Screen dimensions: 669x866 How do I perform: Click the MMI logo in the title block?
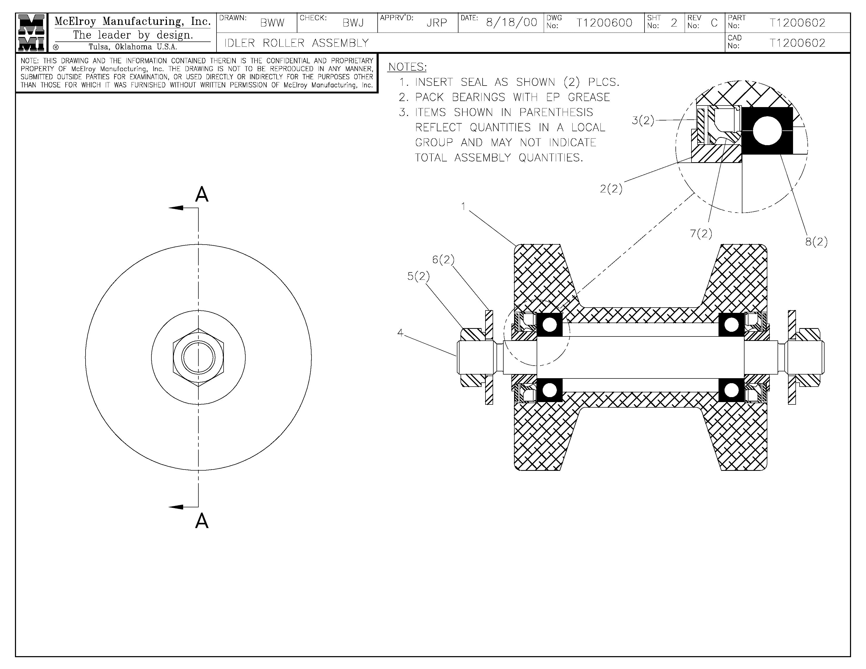[31, 33]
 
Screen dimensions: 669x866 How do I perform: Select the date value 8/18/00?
[511, 23]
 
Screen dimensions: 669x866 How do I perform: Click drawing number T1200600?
[604, 23]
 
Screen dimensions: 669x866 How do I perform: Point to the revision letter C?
[714, 23]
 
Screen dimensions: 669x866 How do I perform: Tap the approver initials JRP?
[437, 23]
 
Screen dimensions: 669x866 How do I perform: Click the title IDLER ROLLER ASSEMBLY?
[297, 43]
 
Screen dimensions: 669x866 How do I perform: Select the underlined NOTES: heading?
[407, 67]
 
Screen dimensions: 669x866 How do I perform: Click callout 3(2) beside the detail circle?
[642, 120]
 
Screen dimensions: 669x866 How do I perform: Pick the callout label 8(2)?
[816, 241]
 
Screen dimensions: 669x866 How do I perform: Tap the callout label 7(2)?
[701, 234]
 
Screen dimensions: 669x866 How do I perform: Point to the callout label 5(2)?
[418, 276]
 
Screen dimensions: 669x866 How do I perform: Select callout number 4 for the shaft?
[400, 333]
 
